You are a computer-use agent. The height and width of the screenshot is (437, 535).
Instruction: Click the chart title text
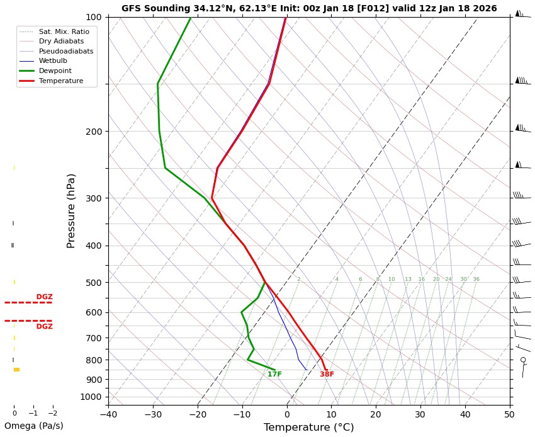tap(309, 9)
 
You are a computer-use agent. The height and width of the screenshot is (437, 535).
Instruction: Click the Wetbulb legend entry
tap(53, 61)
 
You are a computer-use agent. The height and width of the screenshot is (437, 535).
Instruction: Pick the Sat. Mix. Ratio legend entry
tap(64, 31)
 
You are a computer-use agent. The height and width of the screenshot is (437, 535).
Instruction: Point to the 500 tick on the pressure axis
tap(94, 283)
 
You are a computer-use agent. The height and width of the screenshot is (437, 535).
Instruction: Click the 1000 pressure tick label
tap(91, 397)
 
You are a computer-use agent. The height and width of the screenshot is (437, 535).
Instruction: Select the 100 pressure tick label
tap(94, 17)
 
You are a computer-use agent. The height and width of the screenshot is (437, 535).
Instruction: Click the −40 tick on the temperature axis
tap(108, 414)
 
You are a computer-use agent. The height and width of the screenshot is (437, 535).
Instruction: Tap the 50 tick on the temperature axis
tap(509, 414)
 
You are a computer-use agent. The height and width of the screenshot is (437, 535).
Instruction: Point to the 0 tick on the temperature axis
tap(286, 414)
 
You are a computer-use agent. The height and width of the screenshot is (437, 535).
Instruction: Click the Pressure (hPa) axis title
tap(72, 210)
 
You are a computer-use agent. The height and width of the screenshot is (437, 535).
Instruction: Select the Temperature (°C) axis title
tap(308, 428)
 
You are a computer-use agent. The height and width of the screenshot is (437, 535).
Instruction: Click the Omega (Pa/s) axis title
tap(34, 426)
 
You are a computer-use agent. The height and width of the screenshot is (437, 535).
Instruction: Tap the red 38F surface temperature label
tap(327, 375)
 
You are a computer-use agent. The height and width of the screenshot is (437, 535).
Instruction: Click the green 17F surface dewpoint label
tap(274, 375)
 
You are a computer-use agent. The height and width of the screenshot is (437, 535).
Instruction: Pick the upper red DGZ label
tap(44, 297)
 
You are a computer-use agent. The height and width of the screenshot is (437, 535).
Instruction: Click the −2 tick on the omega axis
tap(53, 414)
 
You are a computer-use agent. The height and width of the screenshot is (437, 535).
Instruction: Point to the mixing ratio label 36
tap(476, 280)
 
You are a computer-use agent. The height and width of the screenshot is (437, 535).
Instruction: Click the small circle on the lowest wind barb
tap(523, 360)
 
